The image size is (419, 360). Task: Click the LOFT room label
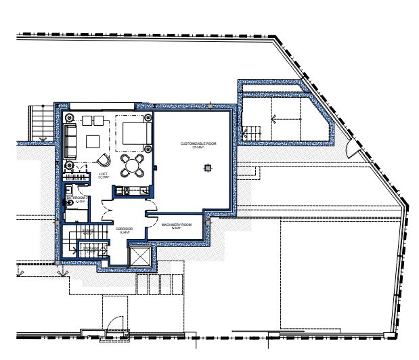click(104, 175)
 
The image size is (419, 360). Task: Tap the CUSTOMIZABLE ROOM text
click(198, 144)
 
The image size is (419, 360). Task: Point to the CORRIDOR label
click(124, 230)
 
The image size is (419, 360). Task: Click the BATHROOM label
click(75, 199)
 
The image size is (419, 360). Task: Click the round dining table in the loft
click(132, 164)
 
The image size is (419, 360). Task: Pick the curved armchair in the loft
click(104, 160)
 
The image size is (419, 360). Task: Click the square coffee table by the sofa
click(92, 141)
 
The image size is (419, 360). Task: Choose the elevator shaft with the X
click(138, 258)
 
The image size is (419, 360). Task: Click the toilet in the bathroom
click(70, 204)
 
